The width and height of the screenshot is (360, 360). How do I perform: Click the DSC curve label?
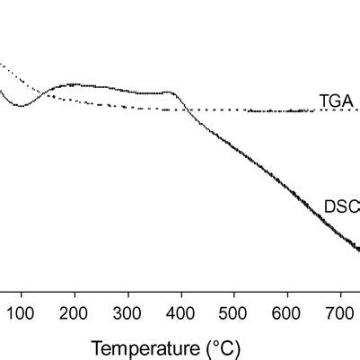[341, 206]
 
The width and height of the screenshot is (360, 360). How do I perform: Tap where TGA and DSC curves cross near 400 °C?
[183, 110]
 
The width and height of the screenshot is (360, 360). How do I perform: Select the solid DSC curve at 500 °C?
[234, 148]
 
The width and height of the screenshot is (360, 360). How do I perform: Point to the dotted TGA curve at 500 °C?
[234, 110]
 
